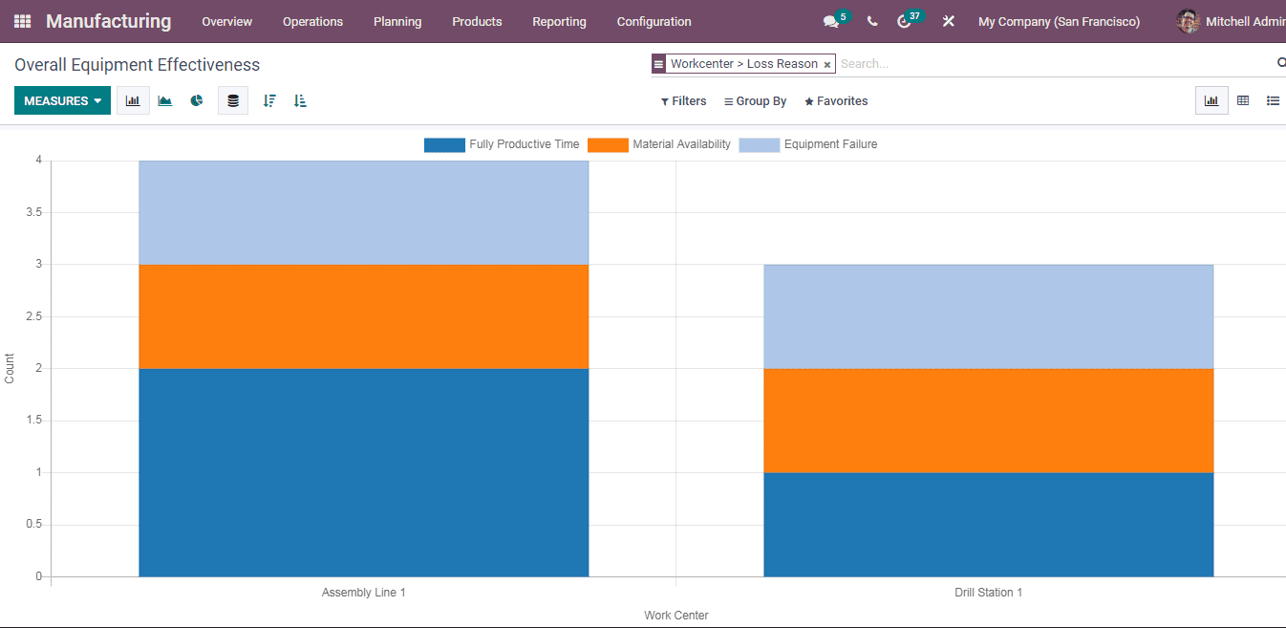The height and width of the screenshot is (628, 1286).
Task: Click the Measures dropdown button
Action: click(x=62, y=100)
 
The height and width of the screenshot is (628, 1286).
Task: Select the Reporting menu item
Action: click(x=559, y=21)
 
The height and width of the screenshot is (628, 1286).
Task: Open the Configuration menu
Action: click(x=654, y=21)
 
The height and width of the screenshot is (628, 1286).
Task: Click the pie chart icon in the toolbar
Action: click(x=197, y=100)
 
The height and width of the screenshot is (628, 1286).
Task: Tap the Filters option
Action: click(x=683, y=101)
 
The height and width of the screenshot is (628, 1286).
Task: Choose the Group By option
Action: click(x=755, y=101)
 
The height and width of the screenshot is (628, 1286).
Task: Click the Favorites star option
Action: click(x=836, y=101)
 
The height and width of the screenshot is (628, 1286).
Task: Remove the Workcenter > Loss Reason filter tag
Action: click(x=827, y=65)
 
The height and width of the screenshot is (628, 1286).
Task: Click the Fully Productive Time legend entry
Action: click(x=503, y=144)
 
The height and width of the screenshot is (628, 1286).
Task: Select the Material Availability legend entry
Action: click(x=660, y=144)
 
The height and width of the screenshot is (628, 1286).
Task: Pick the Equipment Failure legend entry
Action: click(x=808, y=144)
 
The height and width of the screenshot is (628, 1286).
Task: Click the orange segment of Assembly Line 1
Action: click(x=363, y=316)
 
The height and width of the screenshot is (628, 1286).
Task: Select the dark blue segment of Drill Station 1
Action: click(x=988, y=524)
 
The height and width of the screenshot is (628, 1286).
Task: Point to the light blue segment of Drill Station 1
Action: click(x=988, y=316)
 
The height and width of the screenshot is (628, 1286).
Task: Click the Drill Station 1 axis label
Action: click(x=988, y=593)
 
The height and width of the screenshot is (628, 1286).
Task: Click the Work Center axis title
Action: click(x=675, y=616)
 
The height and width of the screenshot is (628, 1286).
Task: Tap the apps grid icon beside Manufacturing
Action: click(x=22, y=21)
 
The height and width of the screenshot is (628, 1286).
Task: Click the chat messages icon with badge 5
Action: click(x=831, y=21)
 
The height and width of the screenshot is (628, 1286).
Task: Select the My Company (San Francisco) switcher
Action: click(x=1059, y=21)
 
